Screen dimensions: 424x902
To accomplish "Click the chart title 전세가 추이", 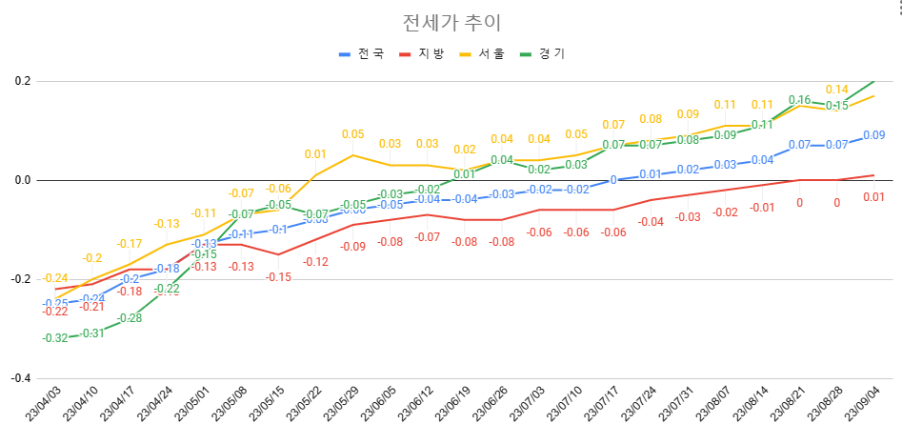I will [x=451, y=22].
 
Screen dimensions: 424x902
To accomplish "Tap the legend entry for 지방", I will [x=422, y=53].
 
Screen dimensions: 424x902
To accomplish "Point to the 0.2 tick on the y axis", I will [x=20, y=81].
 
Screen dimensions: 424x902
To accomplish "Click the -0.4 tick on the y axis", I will [x=18, y=378].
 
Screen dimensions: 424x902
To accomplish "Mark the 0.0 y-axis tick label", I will [x=20, y=180].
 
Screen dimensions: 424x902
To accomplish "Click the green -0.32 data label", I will [x=55, y=338].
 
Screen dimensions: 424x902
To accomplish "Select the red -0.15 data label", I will [x=278, y=276].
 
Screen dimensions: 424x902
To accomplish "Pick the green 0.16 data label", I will [x=800, y=100].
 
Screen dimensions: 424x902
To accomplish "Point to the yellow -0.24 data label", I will [x=55, y=277].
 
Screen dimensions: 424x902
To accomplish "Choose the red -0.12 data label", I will [x=315, y=261].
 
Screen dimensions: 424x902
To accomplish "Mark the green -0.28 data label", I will [x=130, y=317].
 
